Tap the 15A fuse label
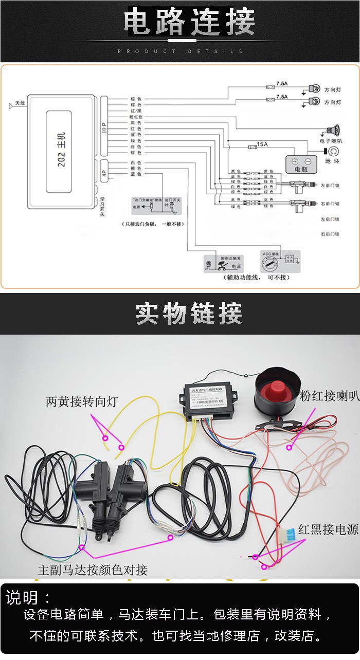(262, 144)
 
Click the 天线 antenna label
(20, 103)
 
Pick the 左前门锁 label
(330, 185)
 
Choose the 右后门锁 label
(330, 234)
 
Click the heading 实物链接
(189, 313)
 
